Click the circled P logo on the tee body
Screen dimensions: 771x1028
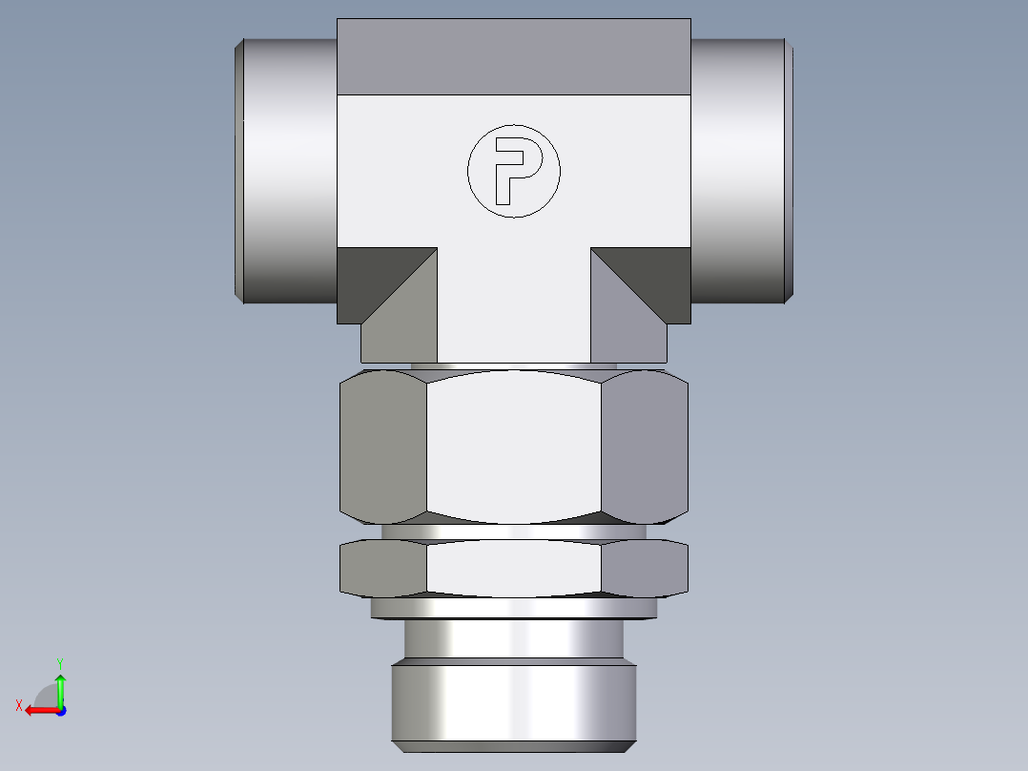click(513, 172)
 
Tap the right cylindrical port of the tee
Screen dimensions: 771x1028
click(739, 172)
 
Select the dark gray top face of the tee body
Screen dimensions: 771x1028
click(513, 56)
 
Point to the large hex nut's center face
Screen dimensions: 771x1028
click(513, 447)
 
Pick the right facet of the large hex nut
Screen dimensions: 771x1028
click(645, 447)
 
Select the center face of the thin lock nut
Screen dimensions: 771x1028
click(513, 569)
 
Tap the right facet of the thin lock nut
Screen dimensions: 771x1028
click(645, 569)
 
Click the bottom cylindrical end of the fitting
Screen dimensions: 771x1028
click(513, 704)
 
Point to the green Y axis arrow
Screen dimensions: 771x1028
click(60, 688)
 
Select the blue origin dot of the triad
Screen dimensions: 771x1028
click(60, 710)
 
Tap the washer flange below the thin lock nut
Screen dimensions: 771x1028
click(513, 608)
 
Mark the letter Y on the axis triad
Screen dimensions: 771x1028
click(59, 662)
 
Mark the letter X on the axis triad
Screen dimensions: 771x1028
click(18, 705)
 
